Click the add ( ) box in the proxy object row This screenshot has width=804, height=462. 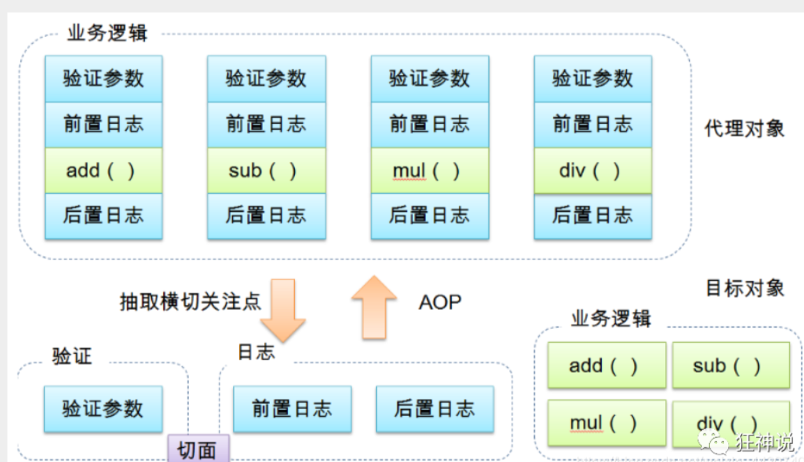coord(104,171)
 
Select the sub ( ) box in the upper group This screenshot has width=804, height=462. coord(266,171)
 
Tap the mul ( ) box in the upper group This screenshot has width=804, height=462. coord(430,171)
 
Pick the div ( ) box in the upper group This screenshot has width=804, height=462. coord(593,171)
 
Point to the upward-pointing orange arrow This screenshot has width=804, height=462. coord(374,307)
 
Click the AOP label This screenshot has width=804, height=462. coord(440,302)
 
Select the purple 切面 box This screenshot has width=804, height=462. coord(199,449)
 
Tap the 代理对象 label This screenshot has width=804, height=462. coord(744,128)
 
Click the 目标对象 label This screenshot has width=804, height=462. coord(745,288)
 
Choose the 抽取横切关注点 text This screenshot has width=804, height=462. coord(190,302)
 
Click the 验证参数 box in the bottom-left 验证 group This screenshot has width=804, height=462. coord(103,409)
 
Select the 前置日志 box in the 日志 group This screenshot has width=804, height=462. coord(292,409)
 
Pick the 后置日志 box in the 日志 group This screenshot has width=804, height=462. coord(435,409)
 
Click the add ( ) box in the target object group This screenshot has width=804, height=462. coord(607,365)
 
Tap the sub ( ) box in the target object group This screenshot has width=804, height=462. coord(731,365)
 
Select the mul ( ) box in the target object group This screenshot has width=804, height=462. coord(607,423)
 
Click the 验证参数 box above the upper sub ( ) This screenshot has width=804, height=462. coord(266,79)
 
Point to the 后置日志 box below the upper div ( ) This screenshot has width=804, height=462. coord(593,216)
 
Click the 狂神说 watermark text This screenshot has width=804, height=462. coord(764,442)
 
